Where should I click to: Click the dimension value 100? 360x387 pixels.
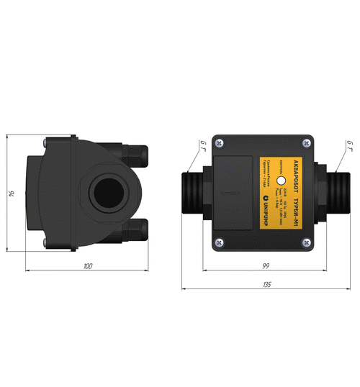(x=88, y=266)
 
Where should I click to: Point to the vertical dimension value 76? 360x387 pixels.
(x=12, y=193)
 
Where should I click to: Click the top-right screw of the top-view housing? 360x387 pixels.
(x=307, y=140)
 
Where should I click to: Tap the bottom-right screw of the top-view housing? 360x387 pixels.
(x=307, y=244)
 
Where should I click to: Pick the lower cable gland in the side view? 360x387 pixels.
(x=136, y=231)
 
